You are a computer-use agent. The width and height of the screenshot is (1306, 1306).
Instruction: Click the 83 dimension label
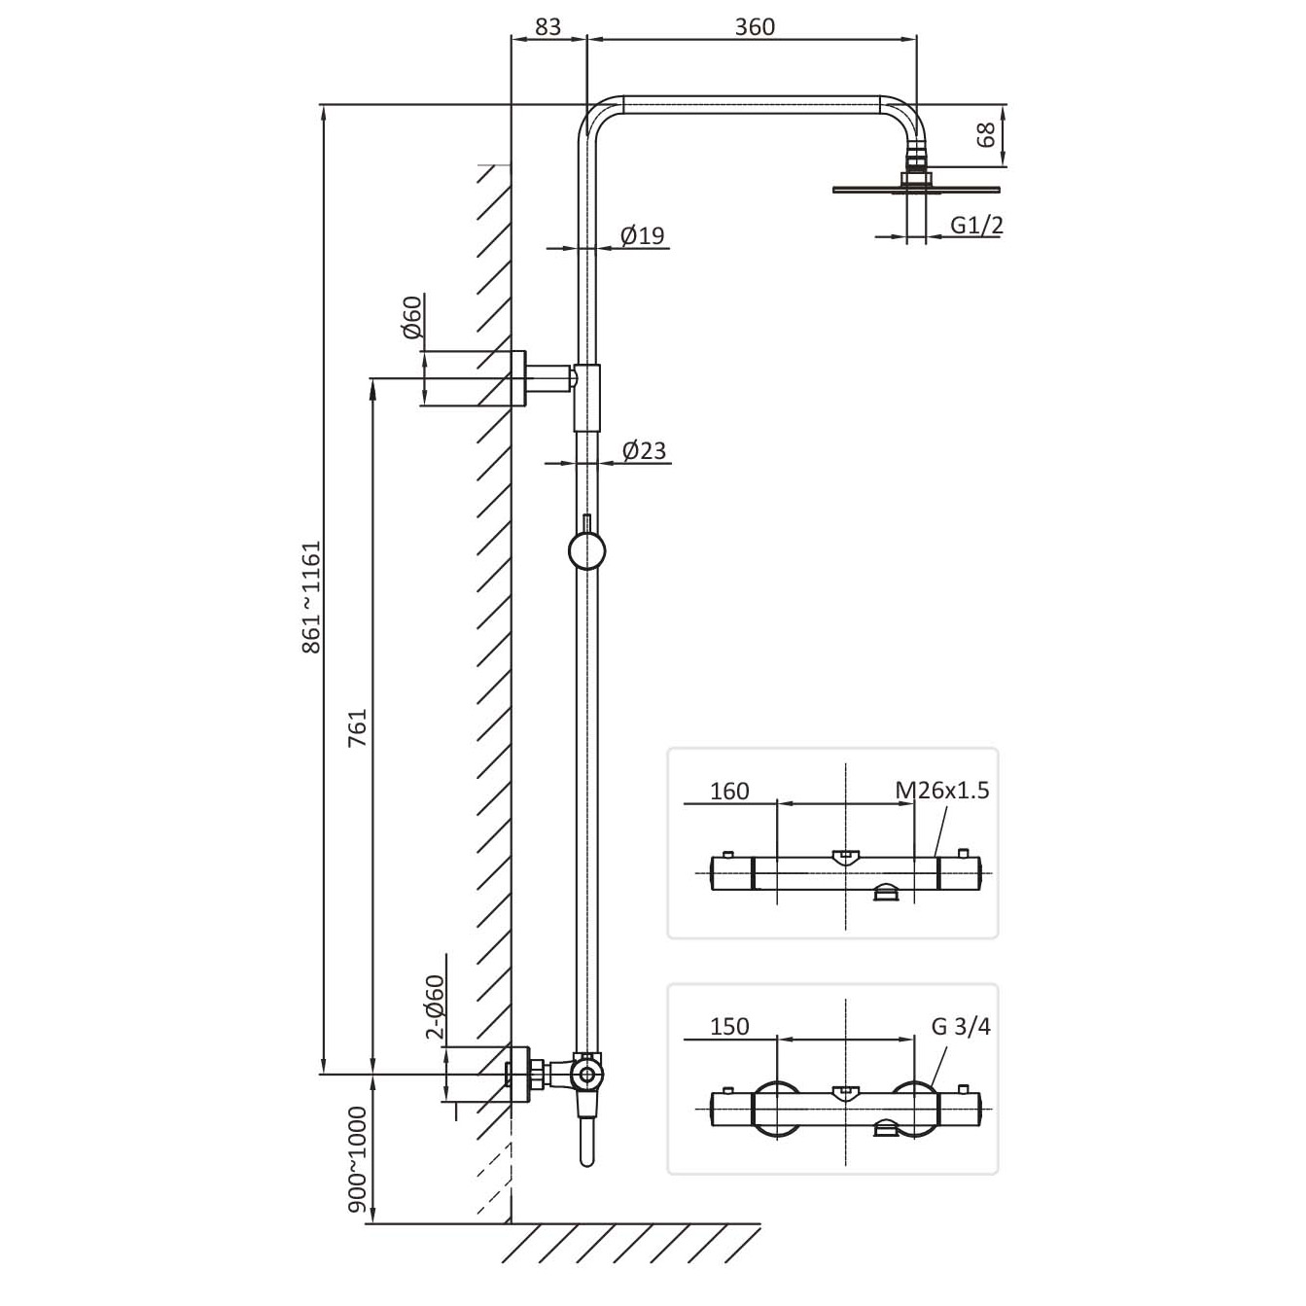(x=547, y=26)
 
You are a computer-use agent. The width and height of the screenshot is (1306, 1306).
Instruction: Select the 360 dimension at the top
(x=754, y=26)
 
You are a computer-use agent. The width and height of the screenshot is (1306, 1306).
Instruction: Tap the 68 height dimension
(x=986, y=134)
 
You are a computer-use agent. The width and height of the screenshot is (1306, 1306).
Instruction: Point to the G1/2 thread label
(x=976, y=225)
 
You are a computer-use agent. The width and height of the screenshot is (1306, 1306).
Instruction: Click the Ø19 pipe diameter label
(x=642, y=235)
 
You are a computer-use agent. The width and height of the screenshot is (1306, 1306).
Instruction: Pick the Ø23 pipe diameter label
(x=644, y=450)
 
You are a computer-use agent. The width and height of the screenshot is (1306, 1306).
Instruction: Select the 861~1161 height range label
(x=310, y=596)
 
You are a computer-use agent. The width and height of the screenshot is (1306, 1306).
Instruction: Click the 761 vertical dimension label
(x=357, y=728)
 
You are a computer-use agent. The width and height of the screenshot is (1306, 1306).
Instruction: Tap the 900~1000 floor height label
(x=357, y=1159)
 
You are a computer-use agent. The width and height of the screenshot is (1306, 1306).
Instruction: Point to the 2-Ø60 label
(x=435, y=1006)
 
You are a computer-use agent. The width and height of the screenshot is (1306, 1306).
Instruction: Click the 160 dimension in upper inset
(x=729, y=791)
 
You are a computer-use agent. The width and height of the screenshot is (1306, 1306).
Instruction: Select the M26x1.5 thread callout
(x=942, y=790)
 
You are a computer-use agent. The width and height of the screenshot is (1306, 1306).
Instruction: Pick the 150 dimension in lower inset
(x=729, y=1026)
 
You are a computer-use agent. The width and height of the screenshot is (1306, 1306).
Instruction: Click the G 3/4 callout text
(x=961, y=1026)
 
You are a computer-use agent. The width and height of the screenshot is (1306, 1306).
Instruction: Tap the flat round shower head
(x=916, y=189)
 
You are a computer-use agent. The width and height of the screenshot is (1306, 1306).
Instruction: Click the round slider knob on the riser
(x=586, y=551)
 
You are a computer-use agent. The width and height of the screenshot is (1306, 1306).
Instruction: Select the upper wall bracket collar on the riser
(x=587, y=398)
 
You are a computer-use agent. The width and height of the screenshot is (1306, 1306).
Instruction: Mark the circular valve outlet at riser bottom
(x=586, y=1074)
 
